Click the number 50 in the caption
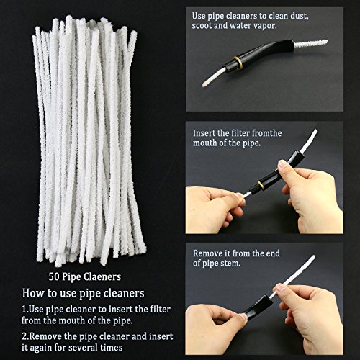coord(53,275)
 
